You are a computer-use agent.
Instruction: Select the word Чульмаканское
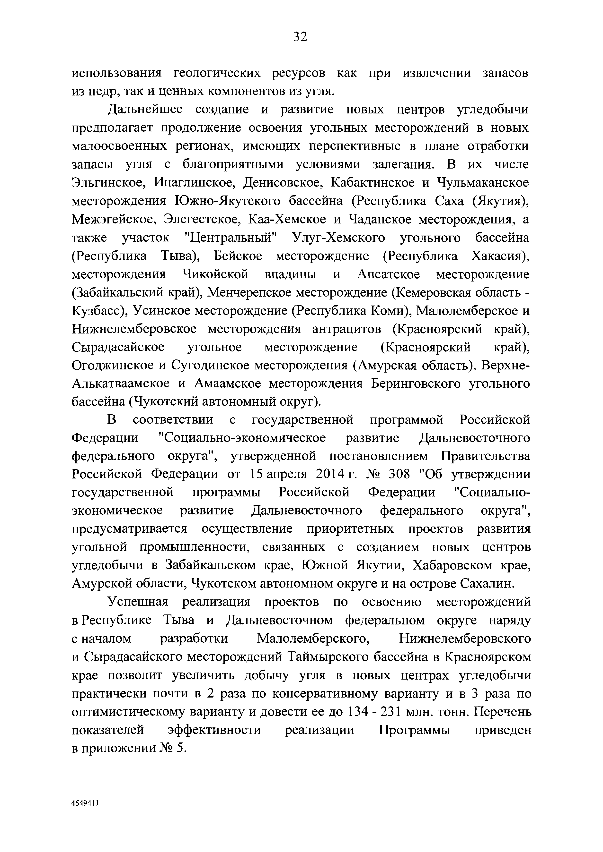coord(483,183)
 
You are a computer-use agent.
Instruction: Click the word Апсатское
coord(388,275)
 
